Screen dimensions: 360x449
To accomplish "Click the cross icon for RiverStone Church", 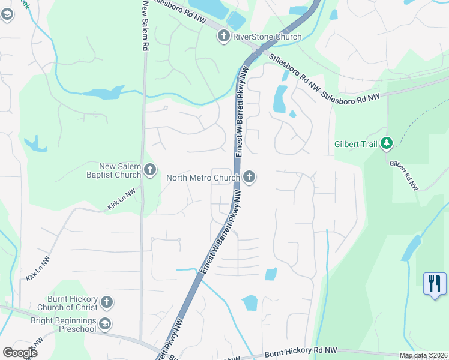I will click(223, 37).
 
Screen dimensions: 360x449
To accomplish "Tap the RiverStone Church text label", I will click(267, 37).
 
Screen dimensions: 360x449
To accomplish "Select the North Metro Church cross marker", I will click(249, 177).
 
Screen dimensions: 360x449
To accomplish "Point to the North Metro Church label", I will click(203, 177).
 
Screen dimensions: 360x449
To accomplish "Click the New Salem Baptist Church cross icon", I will click(149, 170).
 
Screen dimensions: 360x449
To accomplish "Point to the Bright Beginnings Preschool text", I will click(64, 325).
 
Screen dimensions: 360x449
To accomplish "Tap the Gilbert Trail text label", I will click(357, 144).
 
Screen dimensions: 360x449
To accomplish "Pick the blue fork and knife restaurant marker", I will click(435, 283).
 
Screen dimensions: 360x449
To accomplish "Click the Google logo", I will click(20, 352).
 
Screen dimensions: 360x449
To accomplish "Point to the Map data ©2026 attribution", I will click(423, 355).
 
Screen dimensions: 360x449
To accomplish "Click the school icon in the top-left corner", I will click(7, 14).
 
